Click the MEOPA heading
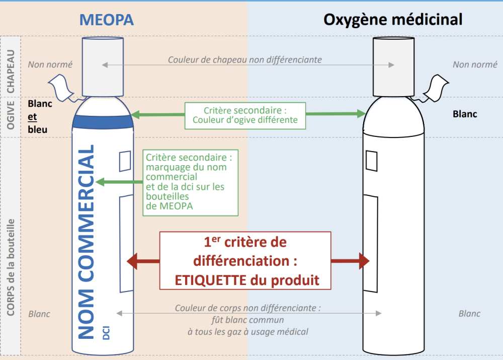click(106, 20)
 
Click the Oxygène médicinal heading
click(393, 20)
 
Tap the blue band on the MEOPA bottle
click(103, 121)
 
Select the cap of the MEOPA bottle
click(103, 66)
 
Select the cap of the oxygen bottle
click(393, 66)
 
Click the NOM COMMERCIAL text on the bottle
click(88, 242)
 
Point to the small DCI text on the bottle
click(106, 332)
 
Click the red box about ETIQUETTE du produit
click(245, 261)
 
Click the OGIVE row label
click(11, 115)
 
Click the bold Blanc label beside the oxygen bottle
click(465, 114)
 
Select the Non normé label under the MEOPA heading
click(50, 64)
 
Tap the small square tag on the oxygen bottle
click(372, 161)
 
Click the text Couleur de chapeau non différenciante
click(245, 60)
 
